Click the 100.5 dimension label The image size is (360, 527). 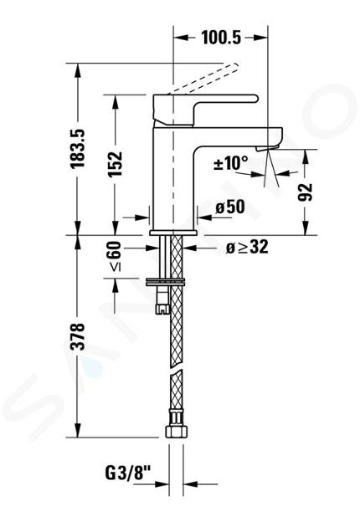tap(221, 38)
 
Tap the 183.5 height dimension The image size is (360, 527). tap(77, 148)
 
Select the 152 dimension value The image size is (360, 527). tap(115, 164)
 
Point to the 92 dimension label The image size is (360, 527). tap(305, 192)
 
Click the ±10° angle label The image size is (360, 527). tap(231, 164)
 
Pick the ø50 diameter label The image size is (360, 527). tap(230, 207)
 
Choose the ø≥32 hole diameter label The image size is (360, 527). tap(247, 248)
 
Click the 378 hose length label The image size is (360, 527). tap(77, 337)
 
